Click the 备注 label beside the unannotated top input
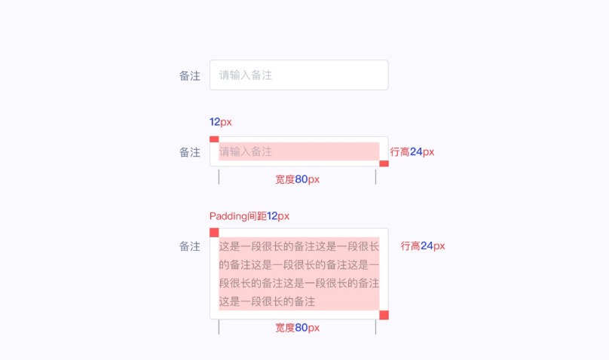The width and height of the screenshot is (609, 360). pos(190,76)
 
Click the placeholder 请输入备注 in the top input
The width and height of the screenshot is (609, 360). pos(246,75)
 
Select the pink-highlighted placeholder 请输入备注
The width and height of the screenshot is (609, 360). pos(246,151)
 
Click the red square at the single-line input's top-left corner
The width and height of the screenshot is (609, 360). pos(214,139)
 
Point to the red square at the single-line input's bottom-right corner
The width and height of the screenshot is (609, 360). pos(384,163)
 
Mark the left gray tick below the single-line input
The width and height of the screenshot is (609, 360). pos(219,177)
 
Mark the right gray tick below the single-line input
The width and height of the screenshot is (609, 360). pos(375,177)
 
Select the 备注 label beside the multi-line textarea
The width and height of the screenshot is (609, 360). pos(190,246)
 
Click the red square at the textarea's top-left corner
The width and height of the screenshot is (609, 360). pos(214,233)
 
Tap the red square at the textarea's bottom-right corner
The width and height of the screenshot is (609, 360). pos(384,315)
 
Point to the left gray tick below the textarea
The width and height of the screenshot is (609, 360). pos(219,327)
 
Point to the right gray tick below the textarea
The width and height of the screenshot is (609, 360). pos(375,327)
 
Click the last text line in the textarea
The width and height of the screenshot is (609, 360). pos(267,301)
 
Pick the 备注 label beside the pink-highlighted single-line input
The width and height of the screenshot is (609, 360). pos(190,152)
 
